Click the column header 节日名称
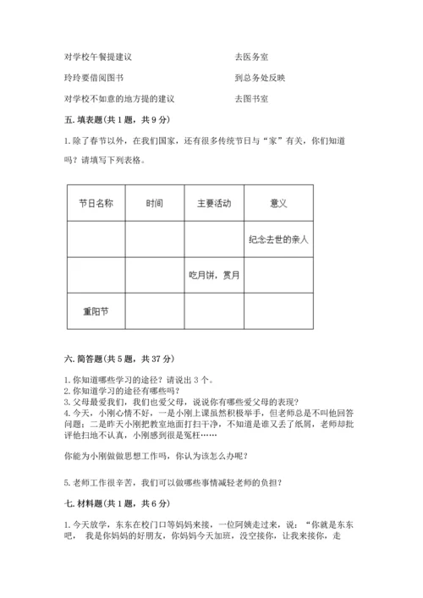click(x=96, y=204)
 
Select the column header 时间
click(x=155, y=204)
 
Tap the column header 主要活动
click(x=214, y=204)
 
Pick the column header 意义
click(x=278, y=204)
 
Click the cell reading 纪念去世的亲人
click(x=278, y=239)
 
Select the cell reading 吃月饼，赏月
click(x=214, y=275)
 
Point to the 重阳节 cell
click(x=96, y=310)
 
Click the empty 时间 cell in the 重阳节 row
click(x=155, y=310)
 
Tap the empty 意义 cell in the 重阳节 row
click(x=278, y=310)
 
